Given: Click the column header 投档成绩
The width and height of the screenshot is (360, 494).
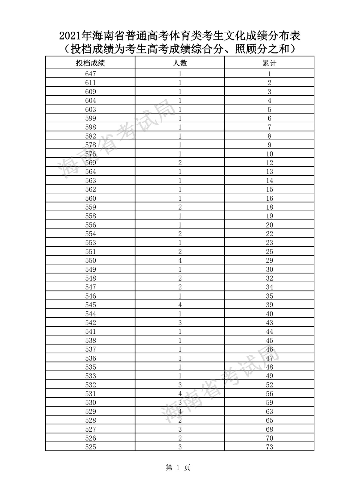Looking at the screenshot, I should pos(90,63).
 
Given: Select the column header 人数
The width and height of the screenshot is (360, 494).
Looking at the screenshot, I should pos(180,63).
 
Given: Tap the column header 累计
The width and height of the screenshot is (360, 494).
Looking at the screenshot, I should pos(269,63).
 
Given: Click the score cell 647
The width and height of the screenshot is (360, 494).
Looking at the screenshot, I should pos(90,74).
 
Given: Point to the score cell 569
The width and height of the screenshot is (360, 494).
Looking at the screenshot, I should pos(90,163).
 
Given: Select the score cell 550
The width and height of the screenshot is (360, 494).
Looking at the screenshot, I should pos(90,260).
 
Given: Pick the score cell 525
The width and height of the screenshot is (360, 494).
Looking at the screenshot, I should pos(90,447).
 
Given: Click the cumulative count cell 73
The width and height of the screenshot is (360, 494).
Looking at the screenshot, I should pos(269,447).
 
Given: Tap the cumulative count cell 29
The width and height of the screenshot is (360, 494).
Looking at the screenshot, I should pos(269,260).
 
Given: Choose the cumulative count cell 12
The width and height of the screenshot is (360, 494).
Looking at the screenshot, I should pos(269,163).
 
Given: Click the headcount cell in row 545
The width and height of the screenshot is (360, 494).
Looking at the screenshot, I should pos(180,305).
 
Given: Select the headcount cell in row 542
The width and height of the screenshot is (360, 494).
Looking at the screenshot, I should pos(180,323).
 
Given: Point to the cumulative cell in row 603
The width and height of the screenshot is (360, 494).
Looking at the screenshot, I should pos(269,109).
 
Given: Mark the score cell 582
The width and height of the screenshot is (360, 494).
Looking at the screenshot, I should pos(90,136).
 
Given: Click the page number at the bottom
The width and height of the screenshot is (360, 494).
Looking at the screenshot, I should pos(178,468).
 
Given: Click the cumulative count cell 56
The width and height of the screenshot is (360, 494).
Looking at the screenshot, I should pos(269,394).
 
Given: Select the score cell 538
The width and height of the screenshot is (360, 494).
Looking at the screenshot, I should pos(90,341).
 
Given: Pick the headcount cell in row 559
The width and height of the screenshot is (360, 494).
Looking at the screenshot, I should pos(180,207).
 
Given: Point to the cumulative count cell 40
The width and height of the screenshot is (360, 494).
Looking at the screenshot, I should pos(269,314).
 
